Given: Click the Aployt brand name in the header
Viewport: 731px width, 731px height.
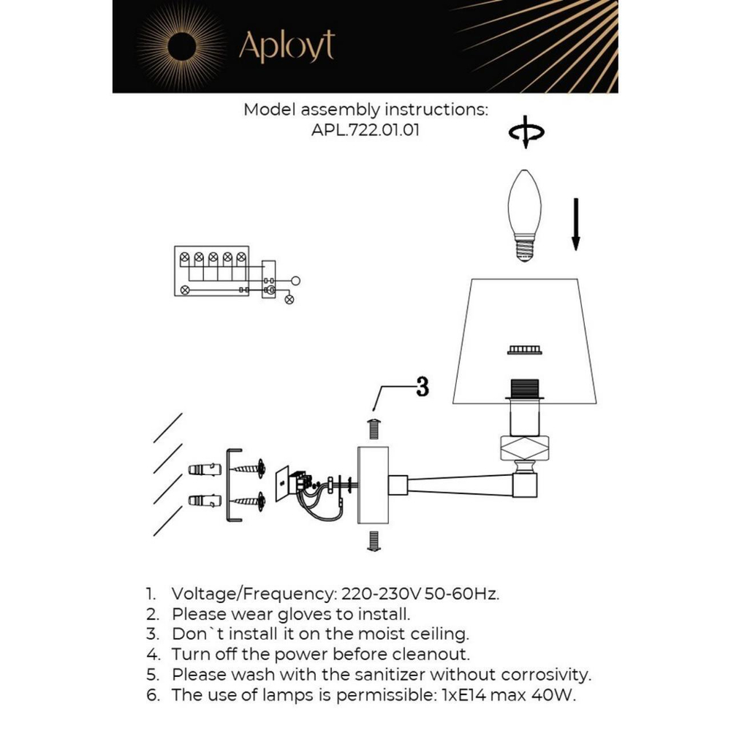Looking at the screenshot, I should tap(287, 47).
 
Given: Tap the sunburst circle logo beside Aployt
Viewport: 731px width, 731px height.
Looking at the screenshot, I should tap(180, 47).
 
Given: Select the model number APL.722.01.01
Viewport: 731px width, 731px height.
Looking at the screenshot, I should tap(365, 131).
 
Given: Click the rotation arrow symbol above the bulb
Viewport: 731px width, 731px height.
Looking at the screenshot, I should tap(526, 133).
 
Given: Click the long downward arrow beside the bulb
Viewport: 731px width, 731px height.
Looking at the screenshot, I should tap(576, 223).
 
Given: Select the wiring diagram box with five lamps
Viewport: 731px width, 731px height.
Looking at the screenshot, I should tap(212, 271).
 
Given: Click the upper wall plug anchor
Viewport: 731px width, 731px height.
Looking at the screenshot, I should tap(205, 469).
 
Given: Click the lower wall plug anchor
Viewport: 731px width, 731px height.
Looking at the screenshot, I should tap(205, 501).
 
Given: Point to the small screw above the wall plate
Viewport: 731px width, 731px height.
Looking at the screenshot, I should tap(374, 428).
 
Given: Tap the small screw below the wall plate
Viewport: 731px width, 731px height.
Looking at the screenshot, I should tap(374, 541).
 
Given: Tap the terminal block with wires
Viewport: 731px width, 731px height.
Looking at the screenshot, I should tap(301, 485).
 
